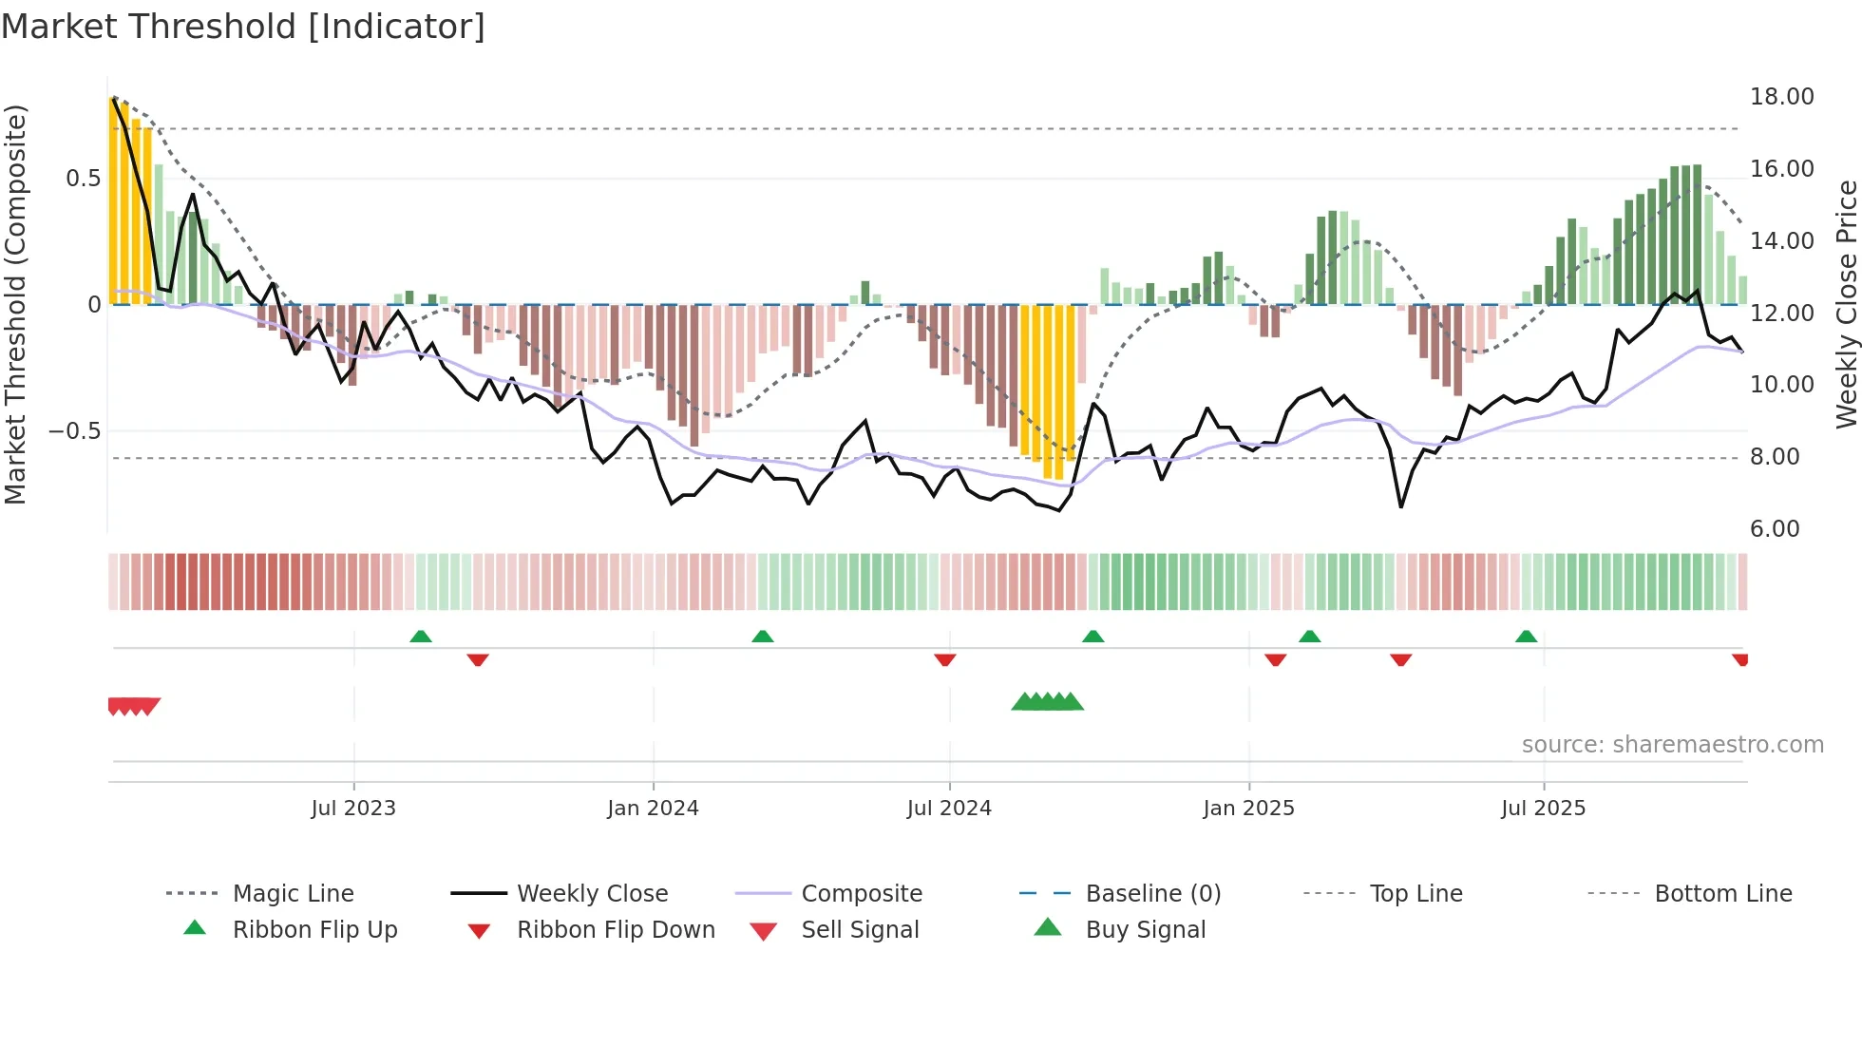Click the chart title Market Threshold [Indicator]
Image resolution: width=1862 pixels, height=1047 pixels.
coord(243,27)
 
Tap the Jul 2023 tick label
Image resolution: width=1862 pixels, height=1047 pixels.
coord(352,809)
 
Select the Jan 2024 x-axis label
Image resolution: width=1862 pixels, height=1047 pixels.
coord(653,809)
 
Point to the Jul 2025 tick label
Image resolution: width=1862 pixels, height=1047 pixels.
coord(1543,809)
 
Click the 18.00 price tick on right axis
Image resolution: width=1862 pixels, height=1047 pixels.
coord(1781,97)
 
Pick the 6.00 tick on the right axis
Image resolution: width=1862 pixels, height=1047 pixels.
coord(1775,529)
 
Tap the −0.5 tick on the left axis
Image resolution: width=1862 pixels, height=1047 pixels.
coord(74,431)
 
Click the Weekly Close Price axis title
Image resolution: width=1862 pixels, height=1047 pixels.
coord(1846,304)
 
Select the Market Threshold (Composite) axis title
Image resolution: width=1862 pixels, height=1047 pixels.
coord(15,304)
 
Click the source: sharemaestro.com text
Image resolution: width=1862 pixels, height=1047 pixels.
coord(1672,745)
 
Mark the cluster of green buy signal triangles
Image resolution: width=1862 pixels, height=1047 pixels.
coord(1047,702)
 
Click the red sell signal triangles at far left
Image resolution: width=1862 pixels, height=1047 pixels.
coord(133,706)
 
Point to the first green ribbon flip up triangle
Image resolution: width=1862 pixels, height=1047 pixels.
coord(421,637)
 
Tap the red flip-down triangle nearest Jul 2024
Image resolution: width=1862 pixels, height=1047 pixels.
coord(944,659)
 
